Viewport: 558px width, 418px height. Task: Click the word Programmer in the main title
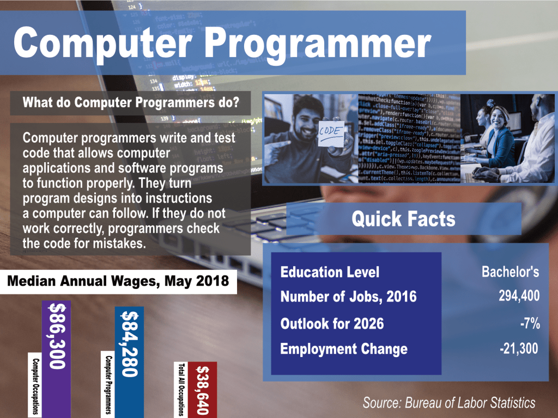coord(318,45)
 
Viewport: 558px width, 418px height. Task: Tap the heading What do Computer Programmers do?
coord(131,102)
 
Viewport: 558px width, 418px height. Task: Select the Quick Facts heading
coord(404,219)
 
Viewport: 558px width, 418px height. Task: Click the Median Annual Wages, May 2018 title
coord(118,281)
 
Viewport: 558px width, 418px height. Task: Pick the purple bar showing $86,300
coord(56,359)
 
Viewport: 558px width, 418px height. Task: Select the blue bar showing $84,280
coord(129,362)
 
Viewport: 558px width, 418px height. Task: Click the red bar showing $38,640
coord(202,390)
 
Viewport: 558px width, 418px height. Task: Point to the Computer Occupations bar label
coord(35,386)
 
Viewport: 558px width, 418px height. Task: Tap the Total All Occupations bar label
coord(181,390)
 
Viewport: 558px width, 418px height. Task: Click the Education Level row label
coord(330,272)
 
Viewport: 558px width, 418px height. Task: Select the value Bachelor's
coord(510,272)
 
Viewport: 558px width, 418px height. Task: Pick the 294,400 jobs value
coord(519,296)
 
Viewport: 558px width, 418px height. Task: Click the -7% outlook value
coord(530,323)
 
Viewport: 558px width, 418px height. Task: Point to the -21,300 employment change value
coord(519,349)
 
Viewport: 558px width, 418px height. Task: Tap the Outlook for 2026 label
coord(332,324)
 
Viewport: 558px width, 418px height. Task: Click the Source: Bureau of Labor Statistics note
coord(449,403)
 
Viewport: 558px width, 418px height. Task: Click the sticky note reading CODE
coord(331,134)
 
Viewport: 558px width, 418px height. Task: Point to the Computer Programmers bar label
coord(108,385)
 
